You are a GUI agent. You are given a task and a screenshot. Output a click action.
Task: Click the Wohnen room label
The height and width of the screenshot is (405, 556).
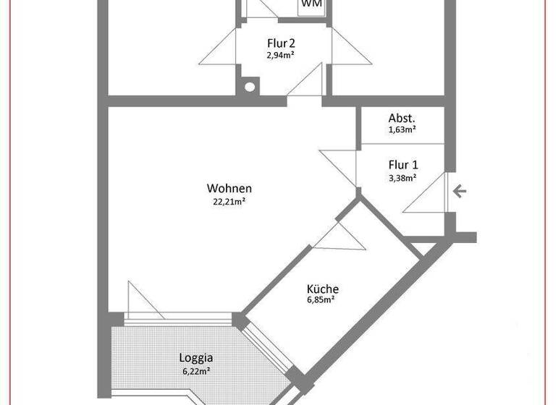(228, 189)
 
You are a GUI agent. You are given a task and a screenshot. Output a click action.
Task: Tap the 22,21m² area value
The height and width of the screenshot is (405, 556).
(228, 202)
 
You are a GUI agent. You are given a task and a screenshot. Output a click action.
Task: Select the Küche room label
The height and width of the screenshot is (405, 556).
(322, 289)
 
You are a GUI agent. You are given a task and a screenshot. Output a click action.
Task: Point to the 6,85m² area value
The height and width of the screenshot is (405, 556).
(322, 300)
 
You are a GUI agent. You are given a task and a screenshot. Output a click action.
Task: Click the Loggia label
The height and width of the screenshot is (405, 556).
(195, 357)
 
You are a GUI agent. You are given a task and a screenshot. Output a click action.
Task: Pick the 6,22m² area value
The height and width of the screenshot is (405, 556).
(195, 370)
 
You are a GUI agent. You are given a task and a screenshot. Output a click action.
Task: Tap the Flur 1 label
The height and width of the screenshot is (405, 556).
(403, 164)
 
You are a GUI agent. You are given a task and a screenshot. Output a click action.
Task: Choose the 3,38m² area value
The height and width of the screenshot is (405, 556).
(403, 177)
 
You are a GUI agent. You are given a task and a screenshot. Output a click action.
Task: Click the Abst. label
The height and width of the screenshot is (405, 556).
(402, 119)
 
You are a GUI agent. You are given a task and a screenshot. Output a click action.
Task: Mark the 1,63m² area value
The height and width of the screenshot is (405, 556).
(402, 130)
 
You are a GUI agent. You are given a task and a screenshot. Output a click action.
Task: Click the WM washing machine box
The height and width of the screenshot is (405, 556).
(311, 4)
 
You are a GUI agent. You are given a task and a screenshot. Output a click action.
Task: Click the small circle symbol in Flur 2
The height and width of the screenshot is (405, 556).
(250, 87)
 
